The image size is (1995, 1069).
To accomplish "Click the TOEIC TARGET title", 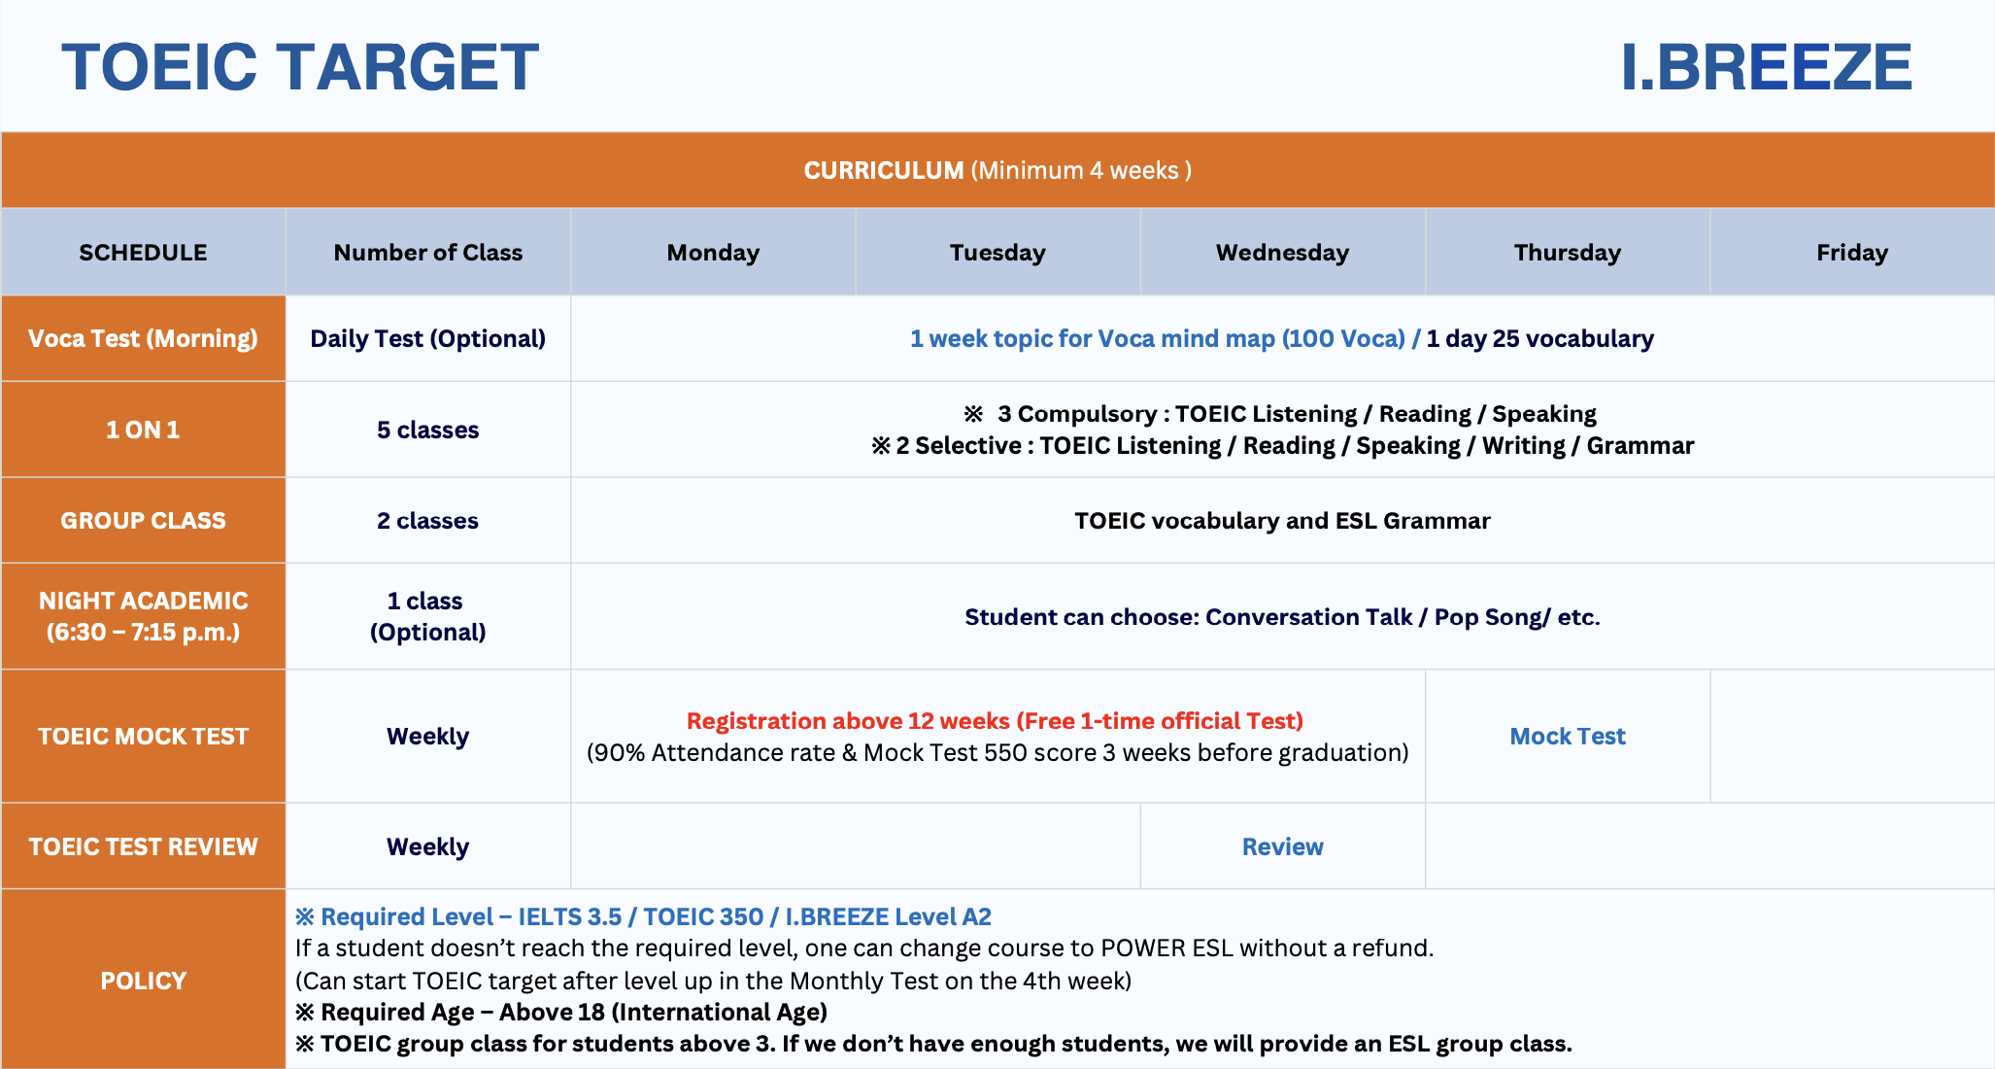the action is tap(300, 67).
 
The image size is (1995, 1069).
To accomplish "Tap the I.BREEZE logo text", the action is tap(1766, 67).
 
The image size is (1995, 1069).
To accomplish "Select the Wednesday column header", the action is tap(1282, 253).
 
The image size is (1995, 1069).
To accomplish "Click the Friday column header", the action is tap(1852, 253).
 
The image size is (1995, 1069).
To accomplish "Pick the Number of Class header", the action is tap(428, 253).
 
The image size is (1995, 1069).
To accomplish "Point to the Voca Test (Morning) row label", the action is tap(143, 338).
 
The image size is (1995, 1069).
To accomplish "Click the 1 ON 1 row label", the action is tap(143, 430).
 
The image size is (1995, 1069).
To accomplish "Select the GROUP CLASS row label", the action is tap(143, 521).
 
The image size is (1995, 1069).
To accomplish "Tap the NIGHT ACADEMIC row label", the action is tap(143, 616).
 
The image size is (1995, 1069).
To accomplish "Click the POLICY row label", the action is tap(143, 981).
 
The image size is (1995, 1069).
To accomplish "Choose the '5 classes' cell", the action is tap(428, 430).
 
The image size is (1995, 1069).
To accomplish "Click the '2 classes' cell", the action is tap(428, 521).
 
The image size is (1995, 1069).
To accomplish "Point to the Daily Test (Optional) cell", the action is tap(428, 338).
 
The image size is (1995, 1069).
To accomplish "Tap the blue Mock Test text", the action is tap(1568, 737).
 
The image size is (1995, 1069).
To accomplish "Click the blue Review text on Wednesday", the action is tap(1283, 846).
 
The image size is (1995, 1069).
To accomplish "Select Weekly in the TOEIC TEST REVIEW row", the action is tap(428, 846).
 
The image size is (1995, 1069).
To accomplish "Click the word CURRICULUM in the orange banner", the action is tap(884, 170).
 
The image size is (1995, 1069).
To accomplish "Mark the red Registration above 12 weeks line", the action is tap(995, 721).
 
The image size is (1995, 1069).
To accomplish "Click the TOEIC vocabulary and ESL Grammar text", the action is tap(1282, 521).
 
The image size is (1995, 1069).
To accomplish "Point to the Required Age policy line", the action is tap(561, 1012).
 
